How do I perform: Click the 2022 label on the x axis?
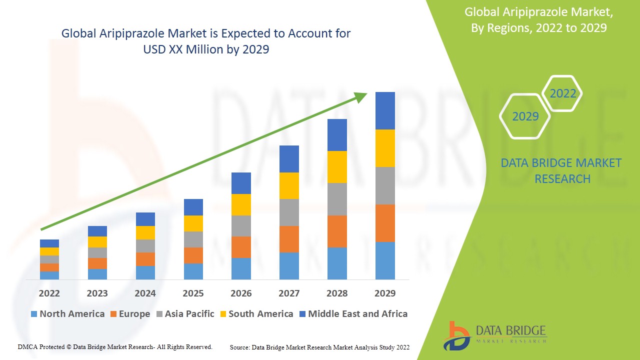(x=49, y=293)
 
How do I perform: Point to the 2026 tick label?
(x=241, y=293)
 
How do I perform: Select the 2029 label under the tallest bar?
(x=385, y=293)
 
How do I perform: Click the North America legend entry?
(x=67, y=314)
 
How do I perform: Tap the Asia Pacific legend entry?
(x=185, y=314)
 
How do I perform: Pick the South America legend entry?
(x=255, y=314)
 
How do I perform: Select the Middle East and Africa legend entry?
(x=353, y=314)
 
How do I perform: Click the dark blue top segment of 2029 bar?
(x=385, y=110)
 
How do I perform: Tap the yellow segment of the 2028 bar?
(x=337, y=166)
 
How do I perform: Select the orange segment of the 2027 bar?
(x=289, y=239)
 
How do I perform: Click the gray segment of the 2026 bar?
(x=241, y=225)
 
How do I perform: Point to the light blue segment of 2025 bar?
(x=193, y=271)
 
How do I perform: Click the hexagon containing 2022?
(x=562, y=93)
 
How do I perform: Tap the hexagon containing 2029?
(x=525, y=116)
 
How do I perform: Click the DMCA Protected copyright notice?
(x=115, y=346)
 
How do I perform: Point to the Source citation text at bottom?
(x=319, y=347)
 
